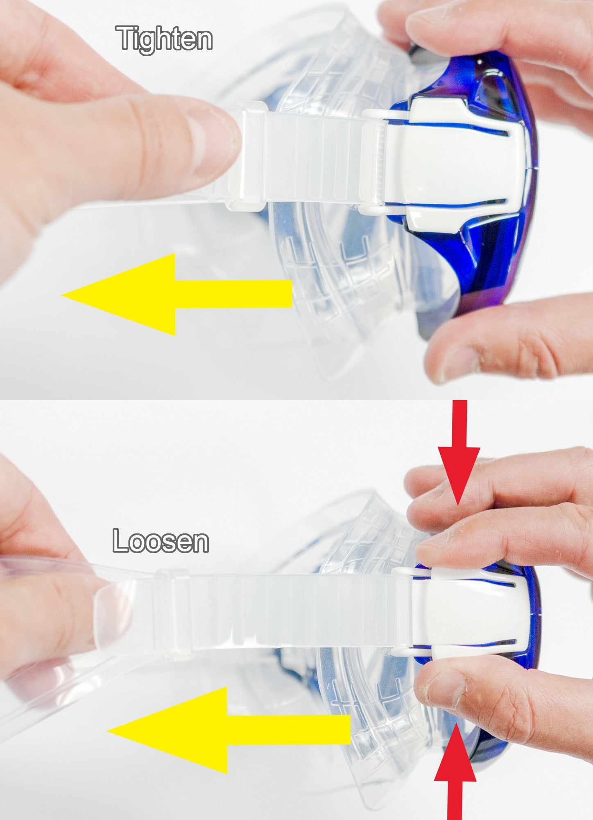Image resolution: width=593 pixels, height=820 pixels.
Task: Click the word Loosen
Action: (x=161, y=541)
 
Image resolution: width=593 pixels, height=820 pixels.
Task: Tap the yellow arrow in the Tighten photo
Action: (x=177, y=294)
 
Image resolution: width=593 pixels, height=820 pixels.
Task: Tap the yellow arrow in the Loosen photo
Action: (x=229, y=730)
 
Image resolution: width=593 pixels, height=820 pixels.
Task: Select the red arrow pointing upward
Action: (x=455, y=771)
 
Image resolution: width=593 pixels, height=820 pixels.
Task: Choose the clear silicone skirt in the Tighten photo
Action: (x=328, y=266)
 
